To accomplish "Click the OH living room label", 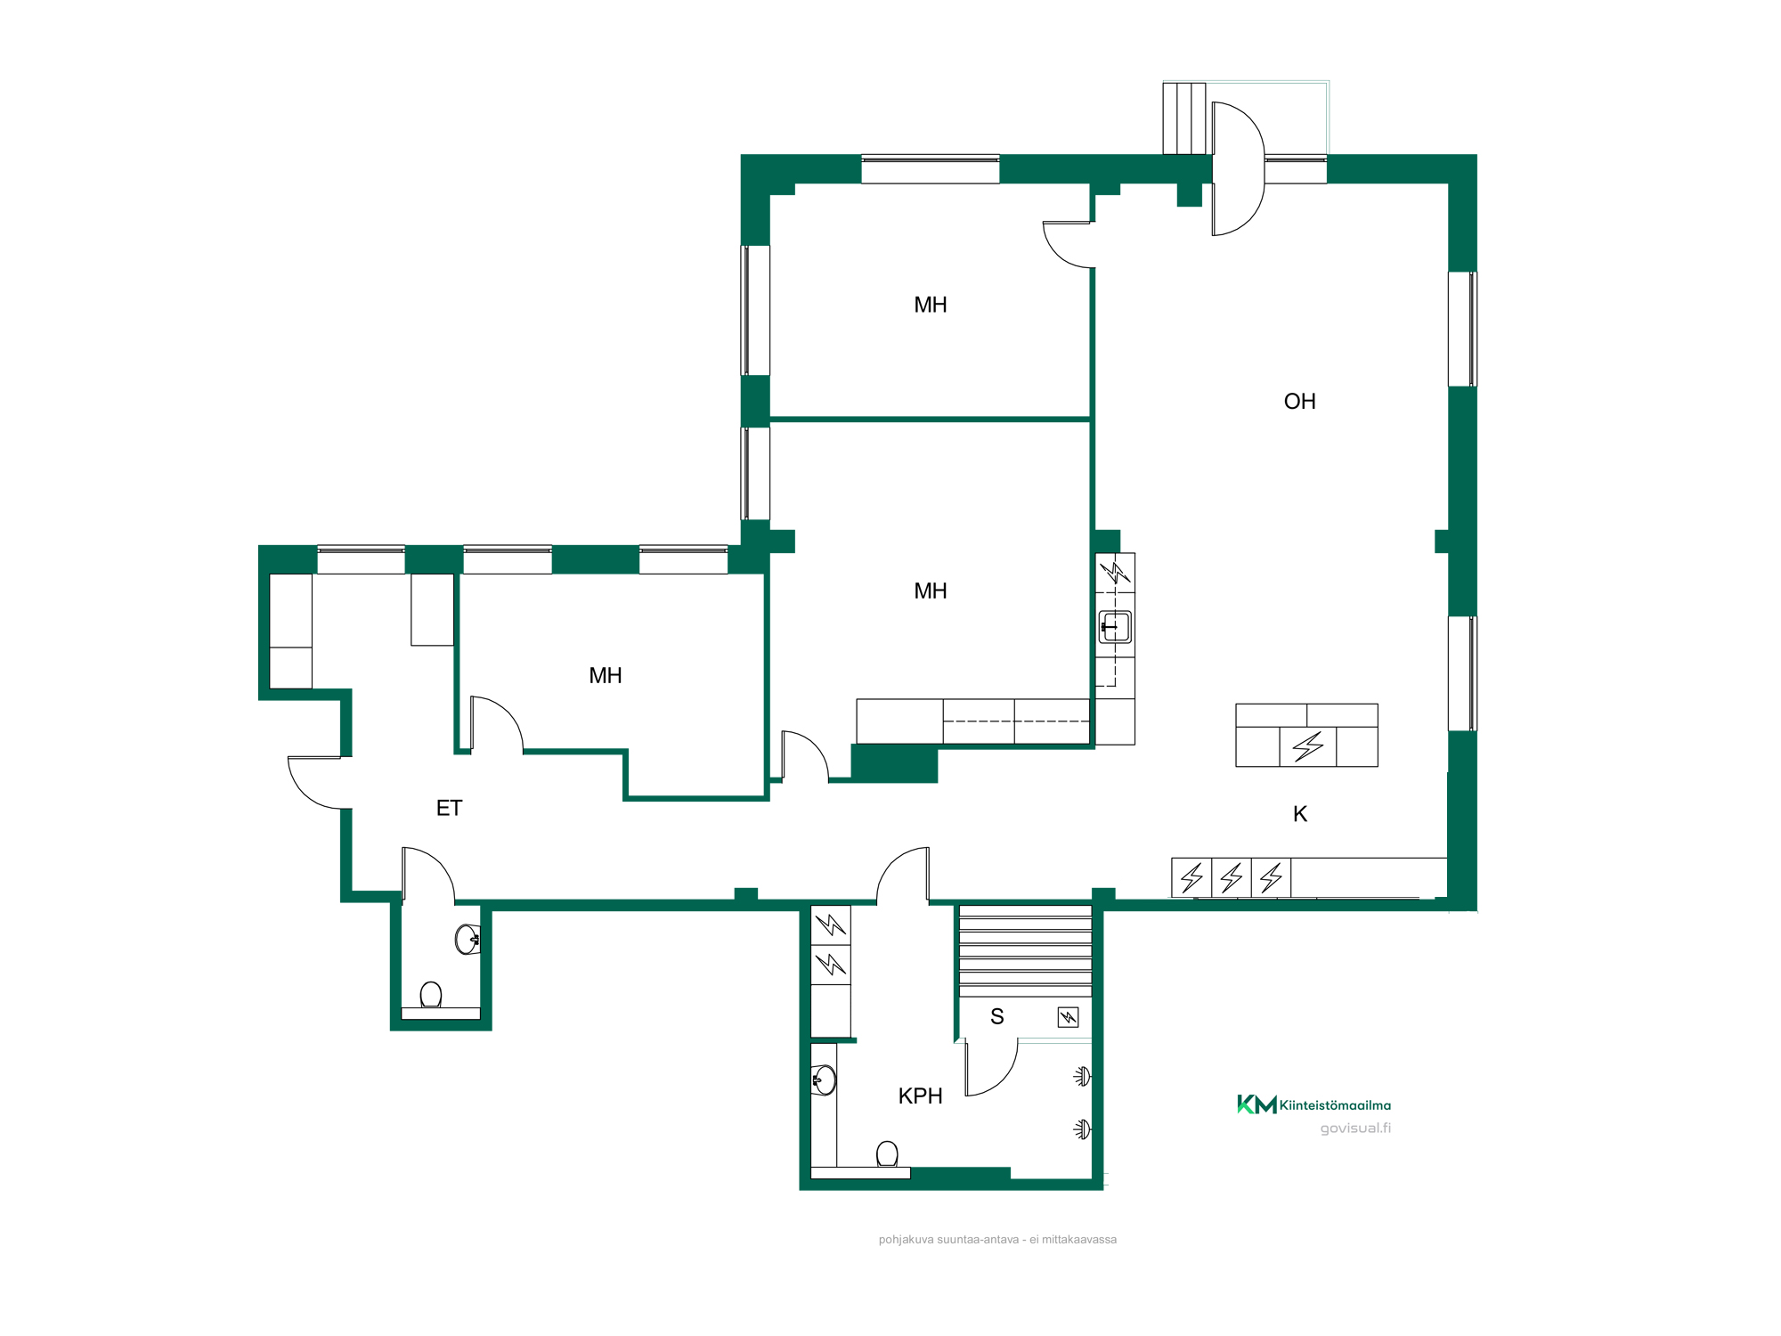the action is coord(1299,402).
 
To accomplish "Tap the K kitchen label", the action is coord(1299,814).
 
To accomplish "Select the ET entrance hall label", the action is coord(449,808).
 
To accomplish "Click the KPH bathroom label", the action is coord(920,1096).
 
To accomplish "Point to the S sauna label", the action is coord(996,1016).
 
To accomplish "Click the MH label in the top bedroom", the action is coord(931,305).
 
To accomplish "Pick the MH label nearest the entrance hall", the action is coord(606,675).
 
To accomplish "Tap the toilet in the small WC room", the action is coord(431,995).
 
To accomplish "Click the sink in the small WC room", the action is coord(468,939).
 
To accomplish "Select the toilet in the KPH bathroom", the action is coord(887,1154).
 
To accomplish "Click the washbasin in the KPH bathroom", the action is coord(824,1080).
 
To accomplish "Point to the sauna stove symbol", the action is coord(1068,1017).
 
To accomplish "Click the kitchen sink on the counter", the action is coord(1115,627).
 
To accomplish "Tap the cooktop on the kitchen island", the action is coord(1308,746).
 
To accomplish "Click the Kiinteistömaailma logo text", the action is coord(1335,1105).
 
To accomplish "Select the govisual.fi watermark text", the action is coord(1355,1128).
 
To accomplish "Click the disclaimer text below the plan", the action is coord(997,1240).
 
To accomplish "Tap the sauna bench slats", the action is coord(1025,951).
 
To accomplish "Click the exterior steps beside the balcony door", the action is coord(1184,118).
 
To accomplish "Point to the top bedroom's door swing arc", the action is coord(1060,254).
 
